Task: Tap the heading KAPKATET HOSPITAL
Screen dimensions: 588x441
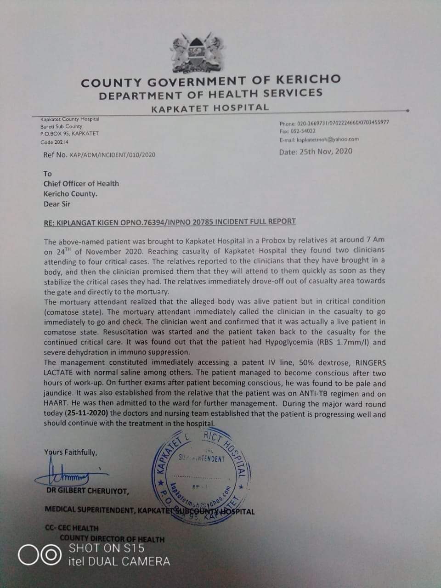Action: pyautogui.click(x=210, y=108)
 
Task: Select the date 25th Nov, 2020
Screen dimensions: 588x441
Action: pyautogui.click(x=326, y=151)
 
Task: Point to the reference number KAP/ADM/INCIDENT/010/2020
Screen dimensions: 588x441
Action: pyautogui.click(x=113, y=155)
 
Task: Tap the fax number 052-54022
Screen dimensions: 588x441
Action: pyautogui.click(x=305, y=131)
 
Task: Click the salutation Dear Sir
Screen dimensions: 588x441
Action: pyautogui.click(x=57, y=204)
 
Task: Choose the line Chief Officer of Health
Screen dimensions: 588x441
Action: pyautogui.click(x=81, y=183)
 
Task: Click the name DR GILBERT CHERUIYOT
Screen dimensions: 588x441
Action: pyautogui.click(x=87, y=492)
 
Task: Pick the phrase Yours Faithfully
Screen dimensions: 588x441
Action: pyautogui.click(x=71, y=452)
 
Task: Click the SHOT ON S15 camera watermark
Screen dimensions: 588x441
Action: pyautogui.click(x=107, y=548)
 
